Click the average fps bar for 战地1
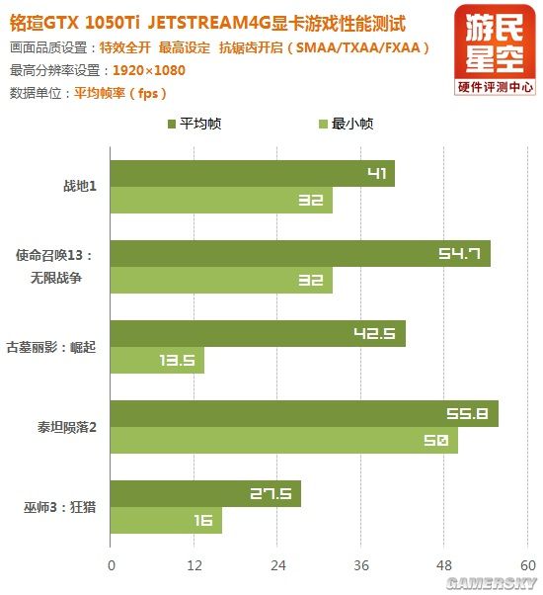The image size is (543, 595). pos(253,174)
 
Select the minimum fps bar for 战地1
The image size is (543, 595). pos(221,201)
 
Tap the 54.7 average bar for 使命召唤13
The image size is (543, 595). pos(300,254)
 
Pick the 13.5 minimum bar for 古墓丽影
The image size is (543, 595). pos(158,361)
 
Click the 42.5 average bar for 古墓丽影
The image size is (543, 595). pos(259,334)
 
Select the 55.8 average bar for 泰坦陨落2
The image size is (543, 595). pos(304,414)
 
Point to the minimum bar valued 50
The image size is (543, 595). pos(284,441)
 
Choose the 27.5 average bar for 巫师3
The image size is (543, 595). pos(205,494)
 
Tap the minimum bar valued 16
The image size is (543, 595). pos(166,521)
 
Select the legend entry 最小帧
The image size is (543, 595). pos(346,125)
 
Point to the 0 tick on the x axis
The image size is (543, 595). pos(112,565)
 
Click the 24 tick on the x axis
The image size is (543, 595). pos(277,565)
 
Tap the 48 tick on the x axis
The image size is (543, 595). pos(445,565)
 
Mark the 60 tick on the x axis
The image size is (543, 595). pos(527,565)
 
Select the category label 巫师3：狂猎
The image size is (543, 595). pos(59,508)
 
